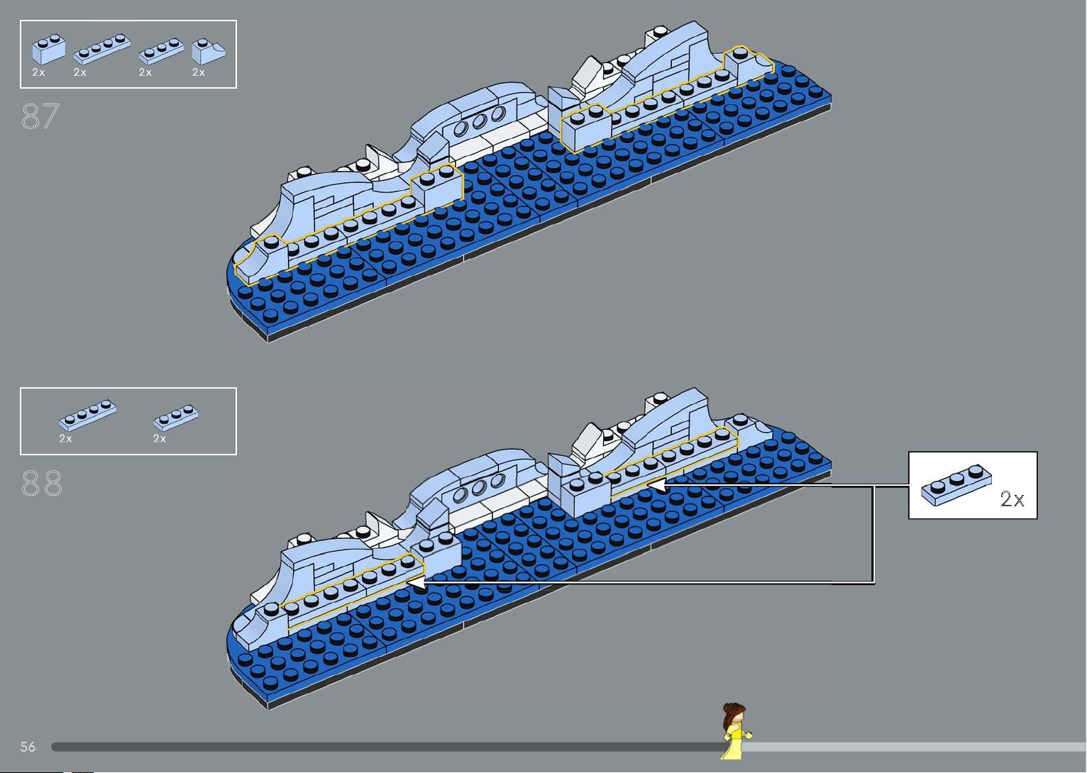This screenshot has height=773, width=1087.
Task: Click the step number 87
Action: (40, 116)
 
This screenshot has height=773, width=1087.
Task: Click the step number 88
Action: (42, 483)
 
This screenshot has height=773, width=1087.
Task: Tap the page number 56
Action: (28, 746)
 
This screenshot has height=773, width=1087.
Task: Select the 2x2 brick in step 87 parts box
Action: (48, 49)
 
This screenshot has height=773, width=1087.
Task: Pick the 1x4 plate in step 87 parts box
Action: (102, 49)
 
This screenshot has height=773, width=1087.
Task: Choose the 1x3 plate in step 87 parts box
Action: (161, 51)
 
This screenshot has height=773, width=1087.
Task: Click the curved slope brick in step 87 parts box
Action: (208, 51)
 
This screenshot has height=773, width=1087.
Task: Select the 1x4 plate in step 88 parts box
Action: (87, 416)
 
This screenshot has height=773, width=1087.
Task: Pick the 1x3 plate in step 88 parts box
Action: (176, 418)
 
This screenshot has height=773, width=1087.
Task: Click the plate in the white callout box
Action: (956, 485)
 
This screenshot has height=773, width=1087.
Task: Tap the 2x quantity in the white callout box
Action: (1012, 499)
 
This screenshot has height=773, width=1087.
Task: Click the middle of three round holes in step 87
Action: (480, 121)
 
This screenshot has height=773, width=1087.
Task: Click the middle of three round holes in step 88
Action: (479, 488)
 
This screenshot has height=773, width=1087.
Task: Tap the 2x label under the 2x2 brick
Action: (38, 72)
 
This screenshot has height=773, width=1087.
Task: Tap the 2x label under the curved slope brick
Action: (199, 72)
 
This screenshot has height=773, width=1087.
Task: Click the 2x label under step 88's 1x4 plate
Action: (65, 438)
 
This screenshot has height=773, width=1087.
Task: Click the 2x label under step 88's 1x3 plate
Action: (160, 438)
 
